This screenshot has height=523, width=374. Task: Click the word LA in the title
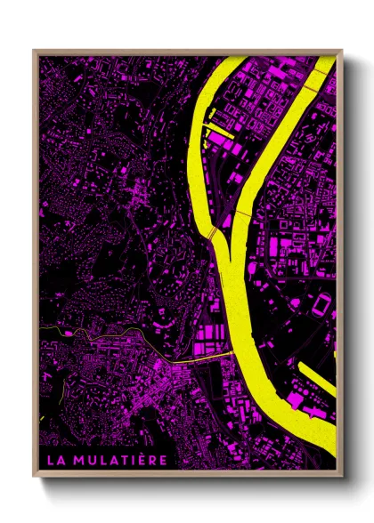coord(55,460)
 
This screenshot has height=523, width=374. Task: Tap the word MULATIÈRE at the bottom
coord(123,460)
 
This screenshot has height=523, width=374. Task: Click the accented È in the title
coord(142,459)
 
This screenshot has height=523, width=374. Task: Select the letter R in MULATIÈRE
coord(153,460)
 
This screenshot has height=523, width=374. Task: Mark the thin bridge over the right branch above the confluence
coord(241,214)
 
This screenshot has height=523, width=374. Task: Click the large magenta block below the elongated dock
coord(297,401)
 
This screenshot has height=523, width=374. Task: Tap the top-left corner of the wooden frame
coord(35,52)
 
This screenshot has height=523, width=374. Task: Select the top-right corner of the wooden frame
coord(342,52)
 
